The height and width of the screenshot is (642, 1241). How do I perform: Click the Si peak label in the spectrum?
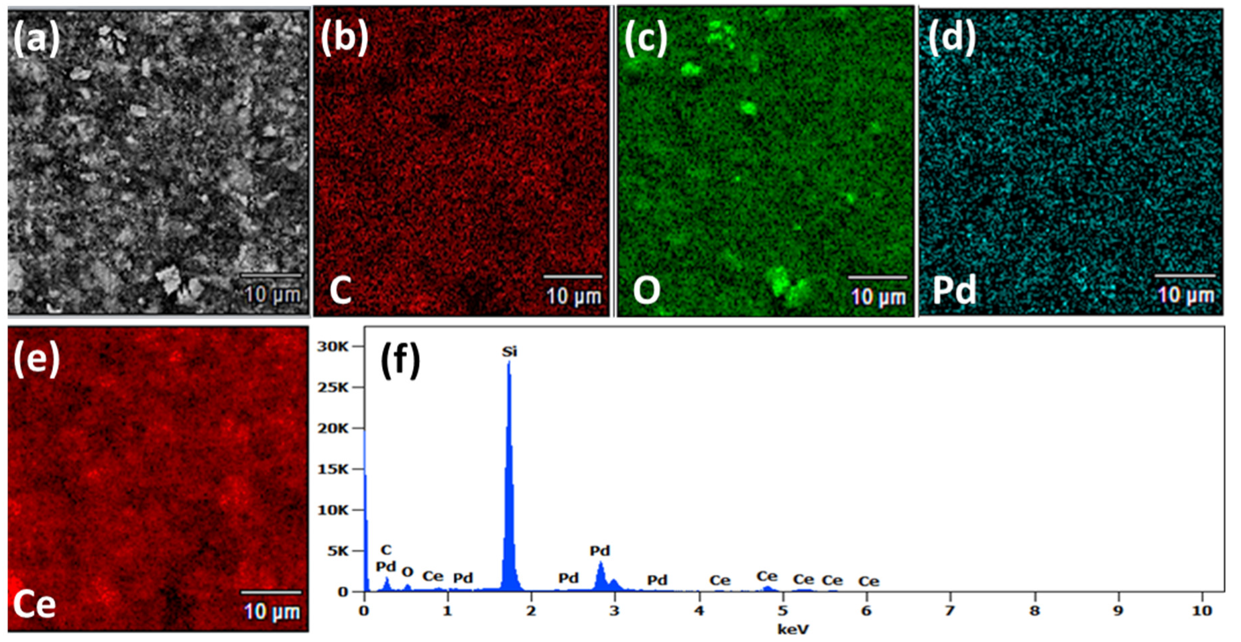click(x=510, y=352)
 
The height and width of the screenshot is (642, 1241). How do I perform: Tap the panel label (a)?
click(x=37, y=38)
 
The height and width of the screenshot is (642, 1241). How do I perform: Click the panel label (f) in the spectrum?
click(x=400, y=360)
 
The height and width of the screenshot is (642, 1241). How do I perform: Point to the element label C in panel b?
click(x=341, y=290)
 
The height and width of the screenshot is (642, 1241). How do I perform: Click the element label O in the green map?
click(x=646, y=290)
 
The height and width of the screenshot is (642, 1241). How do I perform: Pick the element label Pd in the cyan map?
click(x=954, y=290)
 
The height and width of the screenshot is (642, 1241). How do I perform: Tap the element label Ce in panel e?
click(x=34, y=604)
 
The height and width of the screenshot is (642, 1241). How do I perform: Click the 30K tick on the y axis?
click(x=333, y=346)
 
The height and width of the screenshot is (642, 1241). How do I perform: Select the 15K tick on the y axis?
click(x=333, y=469)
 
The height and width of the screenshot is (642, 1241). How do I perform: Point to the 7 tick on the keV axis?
click(x=950, y=611)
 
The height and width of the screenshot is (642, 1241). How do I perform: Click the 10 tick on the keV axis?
click(x=1201, y=611)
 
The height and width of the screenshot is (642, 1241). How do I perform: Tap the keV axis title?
click(x=793, y=629)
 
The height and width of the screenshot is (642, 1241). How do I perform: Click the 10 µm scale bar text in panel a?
click(x=272, y=295)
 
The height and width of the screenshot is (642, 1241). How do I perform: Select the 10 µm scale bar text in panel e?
click(x=272, y=611)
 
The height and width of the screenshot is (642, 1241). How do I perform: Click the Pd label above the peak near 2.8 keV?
click(x=599, y=551)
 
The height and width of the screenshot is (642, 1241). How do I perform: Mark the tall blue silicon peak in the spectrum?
click(x=510, y=470)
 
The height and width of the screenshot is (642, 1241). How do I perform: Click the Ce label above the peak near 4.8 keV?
click(x=766, y=576)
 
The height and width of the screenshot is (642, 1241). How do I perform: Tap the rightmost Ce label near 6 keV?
click(x=868, y=581)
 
